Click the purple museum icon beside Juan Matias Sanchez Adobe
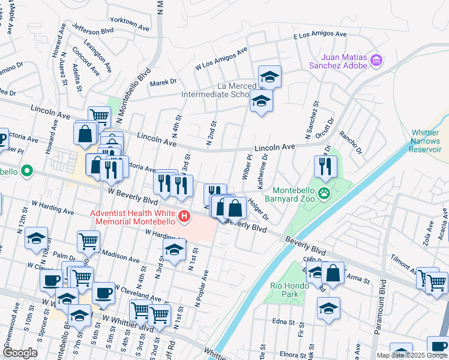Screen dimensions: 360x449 [x=376, y=60]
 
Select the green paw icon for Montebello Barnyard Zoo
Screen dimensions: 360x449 [x=325, y=193]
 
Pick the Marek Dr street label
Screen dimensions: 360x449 [x=163, y=82]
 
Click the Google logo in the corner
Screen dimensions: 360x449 [x=19, y=353]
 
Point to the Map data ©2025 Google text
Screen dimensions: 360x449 [x=412, y=355]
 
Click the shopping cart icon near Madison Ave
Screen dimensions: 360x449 [x=88, y=241]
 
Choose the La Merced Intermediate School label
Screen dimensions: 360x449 [x=215, y=90]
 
